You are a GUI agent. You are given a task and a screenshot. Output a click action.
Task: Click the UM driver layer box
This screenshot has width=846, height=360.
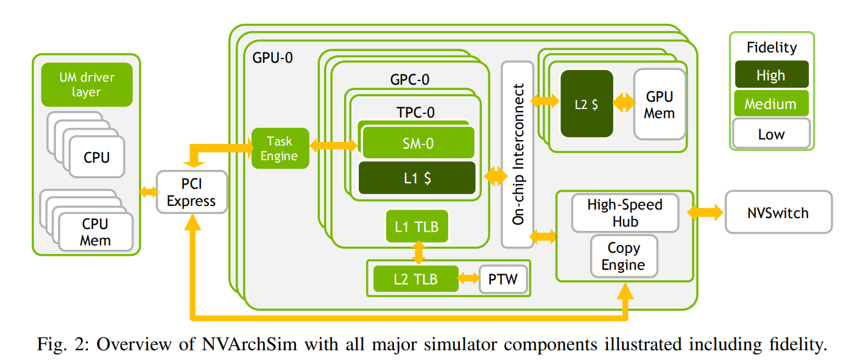[x=86, y=85]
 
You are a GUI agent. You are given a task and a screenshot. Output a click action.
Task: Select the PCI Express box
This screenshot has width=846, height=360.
[x=191, y=192]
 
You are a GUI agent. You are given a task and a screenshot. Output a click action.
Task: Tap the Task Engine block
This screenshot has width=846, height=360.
[x=280, y=149]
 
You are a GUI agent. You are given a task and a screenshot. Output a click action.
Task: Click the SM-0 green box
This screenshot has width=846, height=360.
[x=418, y=143]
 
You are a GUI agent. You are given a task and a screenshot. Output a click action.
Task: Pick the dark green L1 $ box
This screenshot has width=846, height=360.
[x=417, y=178]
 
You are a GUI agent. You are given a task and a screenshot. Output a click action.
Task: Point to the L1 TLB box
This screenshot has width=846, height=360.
[x=417, y=227]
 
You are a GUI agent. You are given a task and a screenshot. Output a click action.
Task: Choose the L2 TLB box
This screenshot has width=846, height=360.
[x=415, y=279]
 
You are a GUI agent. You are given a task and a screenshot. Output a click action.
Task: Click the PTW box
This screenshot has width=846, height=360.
[x=502, y=280]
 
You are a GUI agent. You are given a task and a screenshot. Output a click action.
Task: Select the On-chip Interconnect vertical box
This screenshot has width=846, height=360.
[x=518, y=155]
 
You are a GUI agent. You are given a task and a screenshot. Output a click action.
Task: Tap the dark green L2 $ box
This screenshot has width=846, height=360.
[x=587, y=104]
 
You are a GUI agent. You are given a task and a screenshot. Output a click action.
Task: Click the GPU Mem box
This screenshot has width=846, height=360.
[x=660, y=104]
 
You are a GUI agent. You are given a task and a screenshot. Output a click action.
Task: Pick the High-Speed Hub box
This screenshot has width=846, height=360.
[x=625, y=213]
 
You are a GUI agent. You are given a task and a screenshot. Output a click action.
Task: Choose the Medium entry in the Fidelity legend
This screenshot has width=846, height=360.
[x=771, y=104]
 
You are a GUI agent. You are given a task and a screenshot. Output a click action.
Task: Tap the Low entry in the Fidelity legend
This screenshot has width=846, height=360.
[x=771, y=133]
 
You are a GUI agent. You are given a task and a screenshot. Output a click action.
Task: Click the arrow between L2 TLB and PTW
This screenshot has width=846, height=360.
[x=469, y=279]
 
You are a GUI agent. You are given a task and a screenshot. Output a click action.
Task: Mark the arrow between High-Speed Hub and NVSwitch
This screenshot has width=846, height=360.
[x=705, y=213]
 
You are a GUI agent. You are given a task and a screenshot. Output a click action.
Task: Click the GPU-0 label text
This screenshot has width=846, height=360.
[x=272, y=58]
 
